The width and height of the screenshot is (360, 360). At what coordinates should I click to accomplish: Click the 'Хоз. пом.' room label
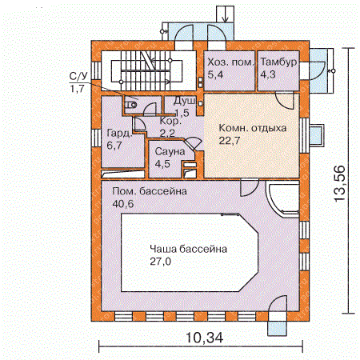(x=230, y=62)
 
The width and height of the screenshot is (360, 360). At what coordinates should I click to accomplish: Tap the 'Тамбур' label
(x=278, y=62)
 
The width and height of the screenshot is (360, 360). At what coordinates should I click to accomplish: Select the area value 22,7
(x=230, y=140)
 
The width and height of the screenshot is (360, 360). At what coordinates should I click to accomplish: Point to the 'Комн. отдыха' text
(x=253, y=128)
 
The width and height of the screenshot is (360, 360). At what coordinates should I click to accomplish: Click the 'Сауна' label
(x=170, y=151)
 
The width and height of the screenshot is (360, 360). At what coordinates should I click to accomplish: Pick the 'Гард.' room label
(x=119, y=133)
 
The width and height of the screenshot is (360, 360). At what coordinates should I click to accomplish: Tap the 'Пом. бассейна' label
(x=150, y=191)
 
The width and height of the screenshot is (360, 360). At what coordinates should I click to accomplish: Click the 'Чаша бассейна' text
(x=189, y=249)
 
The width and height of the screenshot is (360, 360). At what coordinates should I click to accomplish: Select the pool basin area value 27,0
(x=161, y=262)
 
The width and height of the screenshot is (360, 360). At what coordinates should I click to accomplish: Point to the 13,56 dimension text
(x=340, y=183)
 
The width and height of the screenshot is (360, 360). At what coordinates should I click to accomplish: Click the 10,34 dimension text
(x=204, y=338)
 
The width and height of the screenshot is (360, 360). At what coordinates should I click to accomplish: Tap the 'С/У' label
(x=78, y=76)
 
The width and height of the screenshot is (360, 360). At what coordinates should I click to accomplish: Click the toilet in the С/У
(x=130, y=106)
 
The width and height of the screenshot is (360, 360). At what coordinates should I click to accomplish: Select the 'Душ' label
(x=185, y=101)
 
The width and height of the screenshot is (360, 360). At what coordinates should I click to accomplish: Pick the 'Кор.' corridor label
(x=170, y=121)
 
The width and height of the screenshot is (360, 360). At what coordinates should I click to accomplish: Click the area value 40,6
(x=123, y=204)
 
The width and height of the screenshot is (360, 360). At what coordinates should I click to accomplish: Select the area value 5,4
(x=215, y=74)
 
